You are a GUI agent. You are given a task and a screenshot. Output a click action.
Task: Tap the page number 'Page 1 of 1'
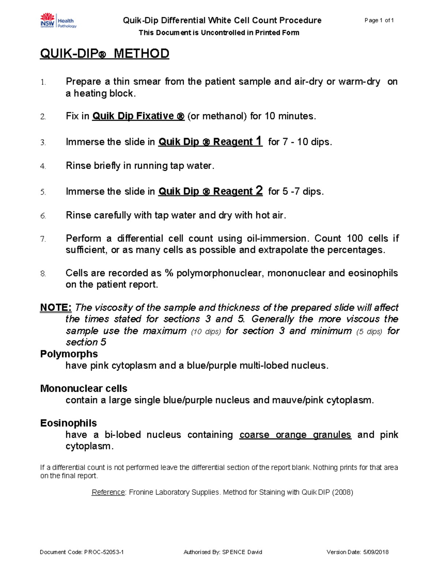pyautogui.click(x=379, y=20)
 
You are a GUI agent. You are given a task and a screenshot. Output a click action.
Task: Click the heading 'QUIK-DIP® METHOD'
pyautogui.click(x=104, y=54)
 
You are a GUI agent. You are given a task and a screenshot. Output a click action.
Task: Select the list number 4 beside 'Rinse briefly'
pyautogui.click(x=43, y=166)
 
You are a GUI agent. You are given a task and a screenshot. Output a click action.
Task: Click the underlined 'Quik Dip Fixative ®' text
pyautogui.click(x=138, y=116)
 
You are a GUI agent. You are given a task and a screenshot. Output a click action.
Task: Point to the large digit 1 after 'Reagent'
pyautogui.click(x=259, y=141)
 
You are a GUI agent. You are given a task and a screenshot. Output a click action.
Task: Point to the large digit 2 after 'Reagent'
pyautogui.click(x=259, y=191)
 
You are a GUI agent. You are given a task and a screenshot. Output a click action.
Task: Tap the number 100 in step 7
pyautogui.click(x=354, y=238)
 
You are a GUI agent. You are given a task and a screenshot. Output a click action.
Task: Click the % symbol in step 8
pyautogui.click(x=169, y=273)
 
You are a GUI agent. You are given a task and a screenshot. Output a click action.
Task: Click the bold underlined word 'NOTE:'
pyautogui.click(x=56, y=308)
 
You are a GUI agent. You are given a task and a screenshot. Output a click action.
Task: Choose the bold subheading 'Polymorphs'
pyautogui.click(x=69, y=354)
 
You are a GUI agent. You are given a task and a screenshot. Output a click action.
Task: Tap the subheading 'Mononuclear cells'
pyautogui.click(x=83, y=388)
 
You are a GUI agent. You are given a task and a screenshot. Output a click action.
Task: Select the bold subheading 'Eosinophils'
pyautogui.click(x=68, y=423)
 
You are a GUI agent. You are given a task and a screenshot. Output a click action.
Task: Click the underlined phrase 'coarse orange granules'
pyautogui.click(x=295, y=435)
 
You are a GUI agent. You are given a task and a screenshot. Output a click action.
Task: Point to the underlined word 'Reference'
pyautogui.click(x=108, y=492)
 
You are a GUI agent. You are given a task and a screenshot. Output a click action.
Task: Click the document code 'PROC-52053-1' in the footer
pyautogui.click(x=104, y=552)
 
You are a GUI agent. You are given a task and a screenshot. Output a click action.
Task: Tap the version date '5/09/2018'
pyautogui.click(x=376, y=552)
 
